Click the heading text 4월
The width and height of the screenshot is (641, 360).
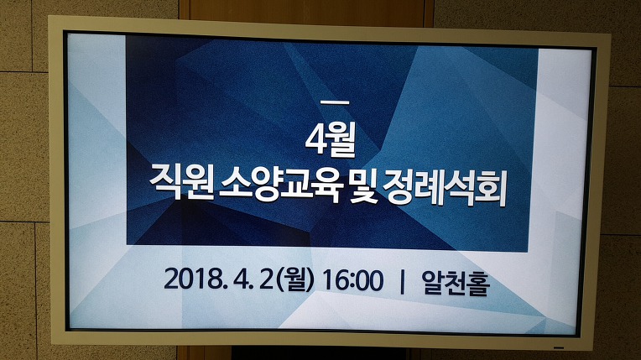331,140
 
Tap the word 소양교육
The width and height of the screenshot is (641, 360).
281,185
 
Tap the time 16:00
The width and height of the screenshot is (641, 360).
352,280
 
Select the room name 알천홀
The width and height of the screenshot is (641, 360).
456,283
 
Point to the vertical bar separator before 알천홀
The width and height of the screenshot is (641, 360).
402,282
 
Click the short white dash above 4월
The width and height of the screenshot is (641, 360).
336,102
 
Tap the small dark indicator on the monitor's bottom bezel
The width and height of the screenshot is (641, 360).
559,347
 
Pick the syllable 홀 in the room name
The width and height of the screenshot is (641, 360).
478,284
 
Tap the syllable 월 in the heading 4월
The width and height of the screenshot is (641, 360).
340,140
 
